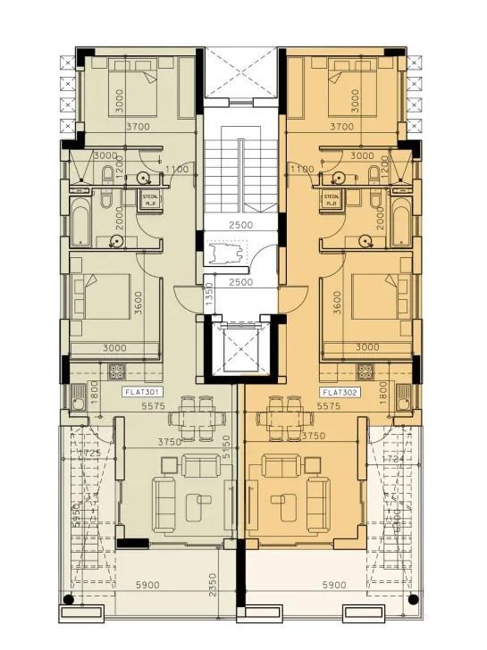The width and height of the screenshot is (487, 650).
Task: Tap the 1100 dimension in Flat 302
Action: [x=303, y=169]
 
